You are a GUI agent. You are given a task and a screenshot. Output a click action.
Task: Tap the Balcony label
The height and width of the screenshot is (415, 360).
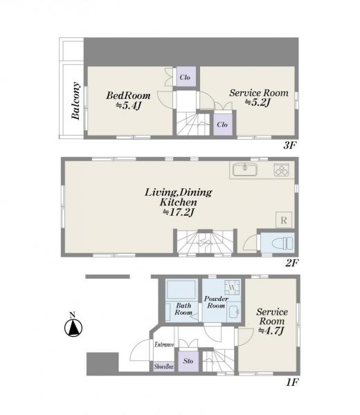(75, 101)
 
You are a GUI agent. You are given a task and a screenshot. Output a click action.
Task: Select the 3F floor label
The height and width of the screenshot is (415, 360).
(290, 145)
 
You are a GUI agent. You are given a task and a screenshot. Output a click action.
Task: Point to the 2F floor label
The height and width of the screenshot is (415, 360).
(292, 263)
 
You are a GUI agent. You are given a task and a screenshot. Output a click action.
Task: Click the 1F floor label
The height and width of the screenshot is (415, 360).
(292, 382)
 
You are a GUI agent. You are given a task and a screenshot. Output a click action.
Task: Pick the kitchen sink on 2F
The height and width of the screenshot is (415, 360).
(245, 169)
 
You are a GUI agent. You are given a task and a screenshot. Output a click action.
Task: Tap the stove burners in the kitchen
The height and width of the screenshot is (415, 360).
(281, 169)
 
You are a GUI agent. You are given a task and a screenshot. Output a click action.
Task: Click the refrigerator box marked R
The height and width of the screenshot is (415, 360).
(284, 220)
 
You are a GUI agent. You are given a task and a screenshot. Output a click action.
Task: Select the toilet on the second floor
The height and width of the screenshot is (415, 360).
(283, 243)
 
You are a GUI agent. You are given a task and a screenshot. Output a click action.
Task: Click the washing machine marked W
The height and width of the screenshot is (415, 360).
(233, 288)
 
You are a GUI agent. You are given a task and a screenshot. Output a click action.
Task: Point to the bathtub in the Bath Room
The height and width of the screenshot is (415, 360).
(181, 290)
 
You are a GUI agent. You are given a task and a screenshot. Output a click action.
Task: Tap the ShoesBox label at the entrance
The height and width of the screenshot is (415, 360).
(163, 367)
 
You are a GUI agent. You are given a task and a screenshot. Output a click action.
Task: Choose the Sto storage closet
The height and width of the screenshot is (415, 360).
(188, 361)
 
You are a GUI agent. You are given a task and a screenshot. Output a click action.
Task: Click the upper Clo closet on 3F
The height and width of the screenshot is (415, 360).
(185, 77)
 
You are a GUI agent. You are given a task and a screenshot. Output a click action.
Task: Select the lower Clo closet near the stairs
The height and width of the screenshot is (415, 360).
(222, 124)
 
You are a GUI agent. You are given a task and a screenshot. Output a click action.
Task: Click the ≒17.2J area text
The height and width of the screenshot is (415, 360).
(179, 212)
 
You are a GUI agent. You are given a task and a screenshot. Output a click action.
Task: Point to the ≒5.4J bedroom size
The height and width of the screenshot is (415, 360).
(128, 106)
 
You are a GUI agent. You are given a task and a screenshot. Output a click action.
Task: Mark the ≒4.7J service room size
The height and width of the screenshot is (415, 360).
(271, 331)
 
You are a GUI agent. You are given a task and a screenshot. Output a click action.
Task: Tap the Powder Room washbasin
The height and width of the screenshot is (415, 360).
(234, 313)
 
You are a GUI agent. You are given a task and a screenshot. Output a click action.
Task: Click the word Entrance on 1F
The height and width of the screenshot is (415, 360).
(164, 344)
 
